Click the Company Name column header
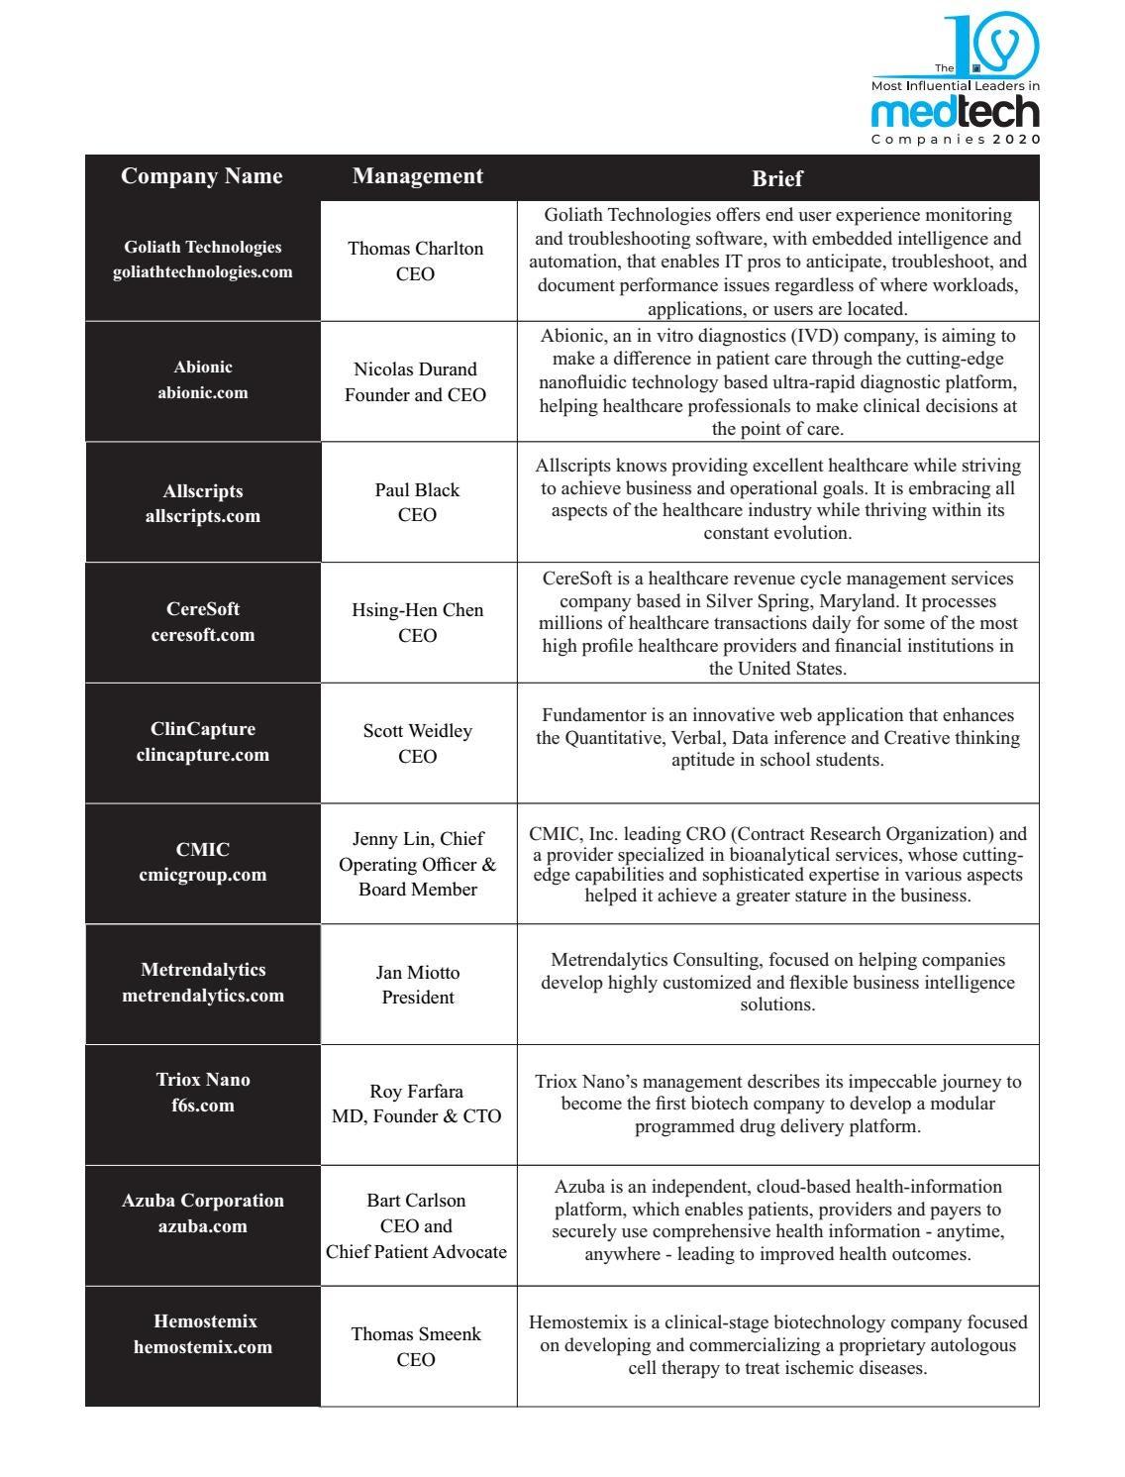click(x=201, y=176)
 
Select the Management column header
click(x=417, y=176)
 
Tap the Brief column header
click(x=777, y=178)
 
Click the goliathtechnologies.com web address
click(x=203, y=272)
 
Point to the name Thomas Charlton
click(x=415, y=249)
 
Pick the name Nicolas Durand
click(x=415, y=369)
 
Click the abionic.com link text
click(x=203, y=392)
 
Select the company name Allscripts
click(x=203, y=491)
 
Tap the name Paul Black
click(x=417, y=490)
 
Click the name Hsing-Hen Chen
click(x=418, y=610)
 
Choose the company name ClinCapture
click(x=203, y=729)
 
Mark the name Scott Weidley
click(x=417, y=731)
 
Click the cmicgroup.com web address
click(x=203, y=875)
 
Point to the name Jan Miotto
click(x=417, y=973)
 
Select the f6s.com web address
click(x=203, y=1106)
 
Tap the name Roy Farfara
click(x=416, y=1092)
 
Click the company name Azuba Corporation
click(x=203, y=1201)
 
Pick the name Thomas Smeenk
click(x=416, y=1334)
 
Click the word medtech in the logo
click(x=955, y=113)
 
